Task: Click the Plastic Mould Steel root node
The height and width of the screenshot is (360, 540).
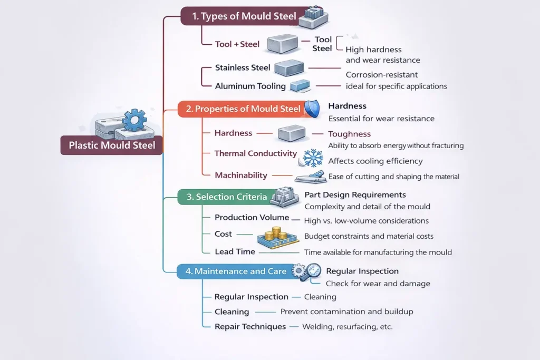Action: pos(112,144)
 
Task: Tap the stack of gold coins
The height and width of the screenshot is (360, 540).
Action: pos(275,234)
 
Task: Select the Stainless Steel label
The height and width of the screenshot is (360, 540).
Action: pos(243,67)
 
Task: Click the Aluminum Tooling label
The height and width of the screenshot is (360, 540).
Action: pos(250,86)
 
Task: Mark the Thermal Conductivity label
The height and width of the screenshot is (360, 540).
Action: pos(256,153)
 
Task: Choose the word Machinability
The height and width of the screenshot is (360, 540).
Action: pos(241,175)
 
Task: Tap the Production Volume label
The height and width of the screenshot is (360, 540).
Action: pos(252,217)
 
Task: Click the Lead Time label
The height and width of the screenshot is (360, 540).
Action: pos(235,251)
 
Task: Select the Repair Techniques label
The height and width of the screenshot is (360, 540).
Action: pos(250,326)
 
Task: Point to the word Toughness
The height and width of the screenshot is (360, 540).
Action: pos(349,134)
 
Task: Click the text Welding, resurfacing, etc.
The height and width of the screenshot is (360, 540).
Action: pos(348,326)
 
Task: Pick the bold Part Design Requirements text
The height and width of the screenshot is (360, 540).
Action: pos(355,195)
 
